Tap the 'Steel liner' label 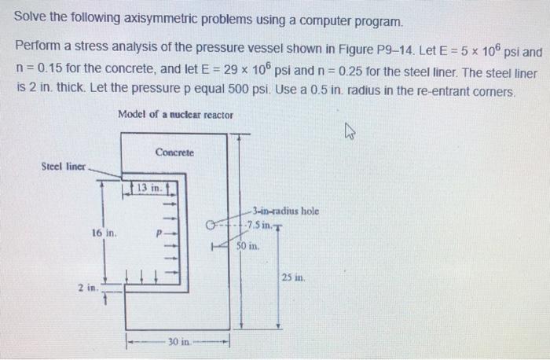tap(64, 167)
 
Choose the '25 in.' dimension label tap(292, 277)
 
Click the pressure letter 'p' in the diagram tap(159, 233)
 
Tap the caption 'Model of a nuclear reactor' tap(175, 115)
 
